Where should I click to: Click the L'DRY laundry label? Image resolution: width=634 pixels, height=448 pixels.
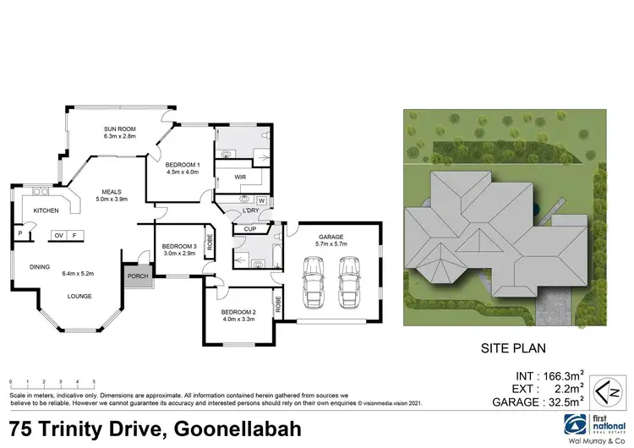click(x=250, y=210)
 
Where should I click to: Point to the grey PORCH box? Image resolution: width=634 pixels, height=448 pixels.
click(x=137, y=276)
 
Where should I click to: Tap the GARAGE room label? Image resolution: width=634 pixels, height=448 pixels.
click(x=331, y=237)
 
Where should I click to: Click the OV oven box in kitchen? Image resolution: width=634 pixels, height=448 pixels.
click(x=59, y=235)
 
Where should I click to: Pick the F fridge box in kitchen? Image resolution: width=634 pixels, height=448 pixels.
click(x=74, y=235)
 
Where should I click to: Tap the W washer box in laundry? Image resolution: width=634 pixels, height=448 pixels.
click(x=260, y=200)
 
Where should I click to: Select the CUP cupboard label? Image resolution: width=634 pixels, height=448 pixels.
click(x=249, y=228)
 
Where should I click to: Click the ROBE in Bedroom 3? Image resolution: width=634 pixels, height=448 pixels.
click(x=209, y=252)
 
